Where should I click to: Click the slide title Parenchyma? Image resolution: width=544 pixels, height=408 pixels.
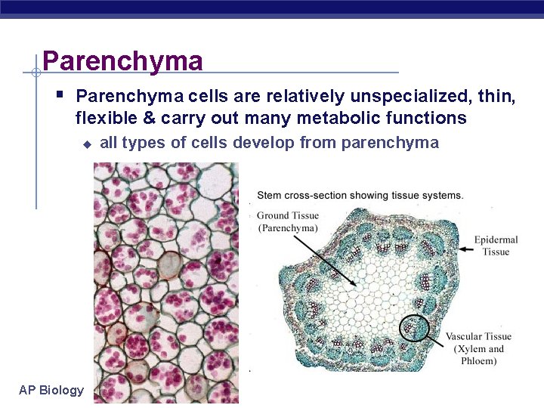point(122,60)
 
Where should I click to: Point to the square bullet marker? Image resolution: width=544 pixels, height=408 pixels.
point(60,95)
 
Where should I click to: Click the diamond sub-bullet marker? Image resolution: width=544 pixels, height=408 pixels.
point(86,144)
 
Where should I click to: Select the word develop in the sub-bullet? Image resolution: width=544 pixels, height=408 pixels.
point(261,143)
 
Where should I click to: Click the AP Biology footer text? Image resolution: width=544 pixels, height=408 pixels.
point(51,390)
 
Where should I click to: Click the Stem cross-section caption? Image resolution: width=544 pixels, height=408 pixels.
point(360,195)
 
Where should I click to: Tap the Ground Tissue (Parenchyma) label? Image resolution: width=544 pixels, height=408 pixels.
point(287,221)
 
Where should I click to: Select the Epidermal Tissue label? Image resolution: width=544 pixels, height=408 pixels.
point(496,246)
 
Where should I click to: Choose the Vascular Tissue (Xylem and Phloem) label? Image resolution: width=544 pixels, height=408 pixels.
point(478,348)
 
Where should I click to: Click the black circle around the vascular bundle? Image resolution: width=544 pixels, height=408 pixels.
point(414,329)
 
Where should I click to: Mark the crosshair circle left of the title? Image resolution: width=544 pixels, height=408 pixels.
point(36,73)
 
